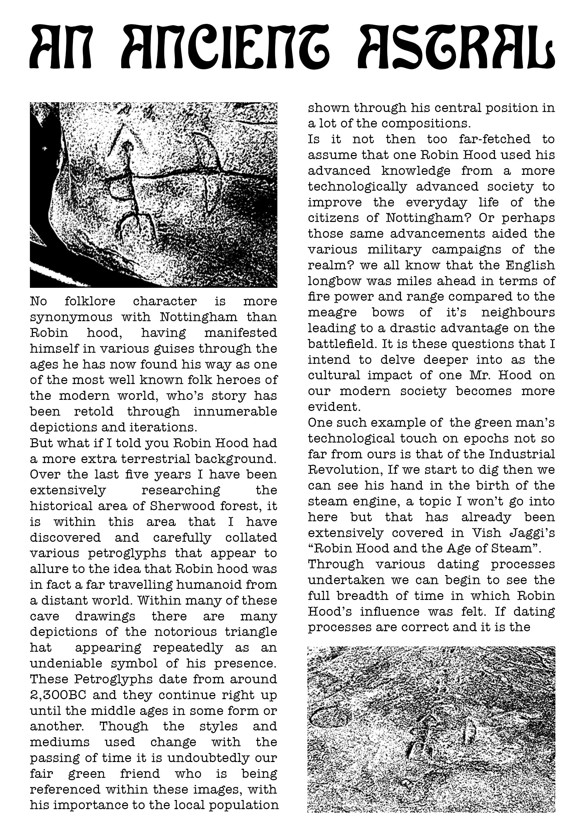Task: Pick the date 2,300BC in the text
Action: click(x=58, y=695)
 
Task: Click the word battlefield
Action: click(x=342, y=344)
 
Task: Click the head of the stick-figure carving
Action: click(x=127, y=146)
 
